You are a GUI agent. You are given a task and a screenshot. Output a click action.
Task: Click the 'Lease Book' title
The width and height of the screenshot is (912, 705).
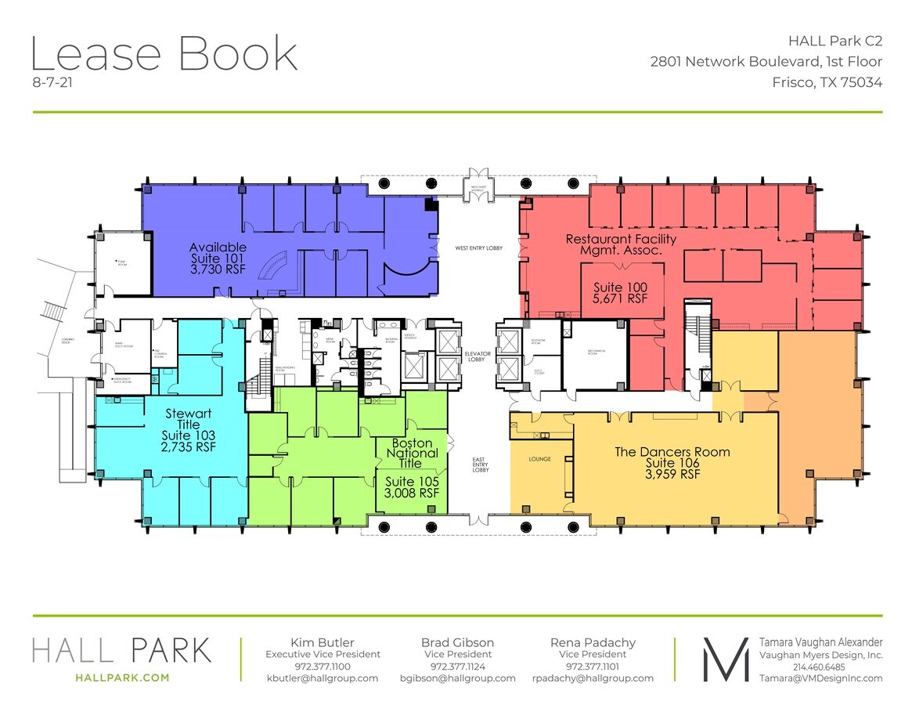[164, 55]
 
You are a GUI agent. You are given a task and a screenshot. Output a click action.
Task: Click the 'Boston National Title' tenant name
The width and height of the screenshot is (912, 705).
[412, 453]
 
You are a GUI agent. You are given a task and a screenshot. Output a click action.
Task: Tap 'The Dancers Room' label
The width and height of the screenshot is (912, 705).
[672, 452]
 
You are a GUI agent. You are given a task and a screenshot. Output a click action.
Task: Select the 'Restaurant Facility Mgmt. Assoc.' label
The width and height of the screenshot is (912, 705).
[621, 244]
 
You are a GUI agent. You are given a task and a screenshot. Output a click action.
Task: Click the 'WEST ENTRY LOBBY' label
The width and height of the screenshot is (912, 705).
[478, 248]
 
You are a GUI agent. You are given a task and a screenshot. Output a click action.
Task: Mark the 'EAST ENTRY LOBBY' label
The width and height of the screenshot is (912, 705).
[479, 465]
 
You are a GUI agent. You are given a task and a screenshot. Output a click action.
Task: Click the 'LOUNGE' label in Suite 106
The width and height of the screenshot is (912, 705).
[539, 459]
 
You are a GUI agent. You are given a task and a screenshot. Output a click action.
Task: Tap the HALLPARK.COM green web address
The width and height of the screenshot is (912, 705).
[121, 678]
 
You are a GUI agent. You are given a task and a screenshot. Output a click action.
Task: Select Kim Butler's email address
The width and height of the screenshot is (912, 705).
[323, 678]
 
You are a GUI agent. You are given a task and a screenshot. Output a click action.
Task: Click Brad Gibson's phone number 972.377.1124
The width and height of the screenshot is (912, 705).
[457, 666]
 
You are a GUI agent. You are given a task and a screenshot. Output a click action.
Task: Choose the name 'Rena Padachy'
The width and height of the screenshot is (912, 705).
[593, 642]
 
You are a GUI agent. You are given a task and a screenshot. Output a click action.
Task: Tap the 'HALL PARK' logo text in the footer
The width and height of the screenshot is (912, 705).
[121, 650]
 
